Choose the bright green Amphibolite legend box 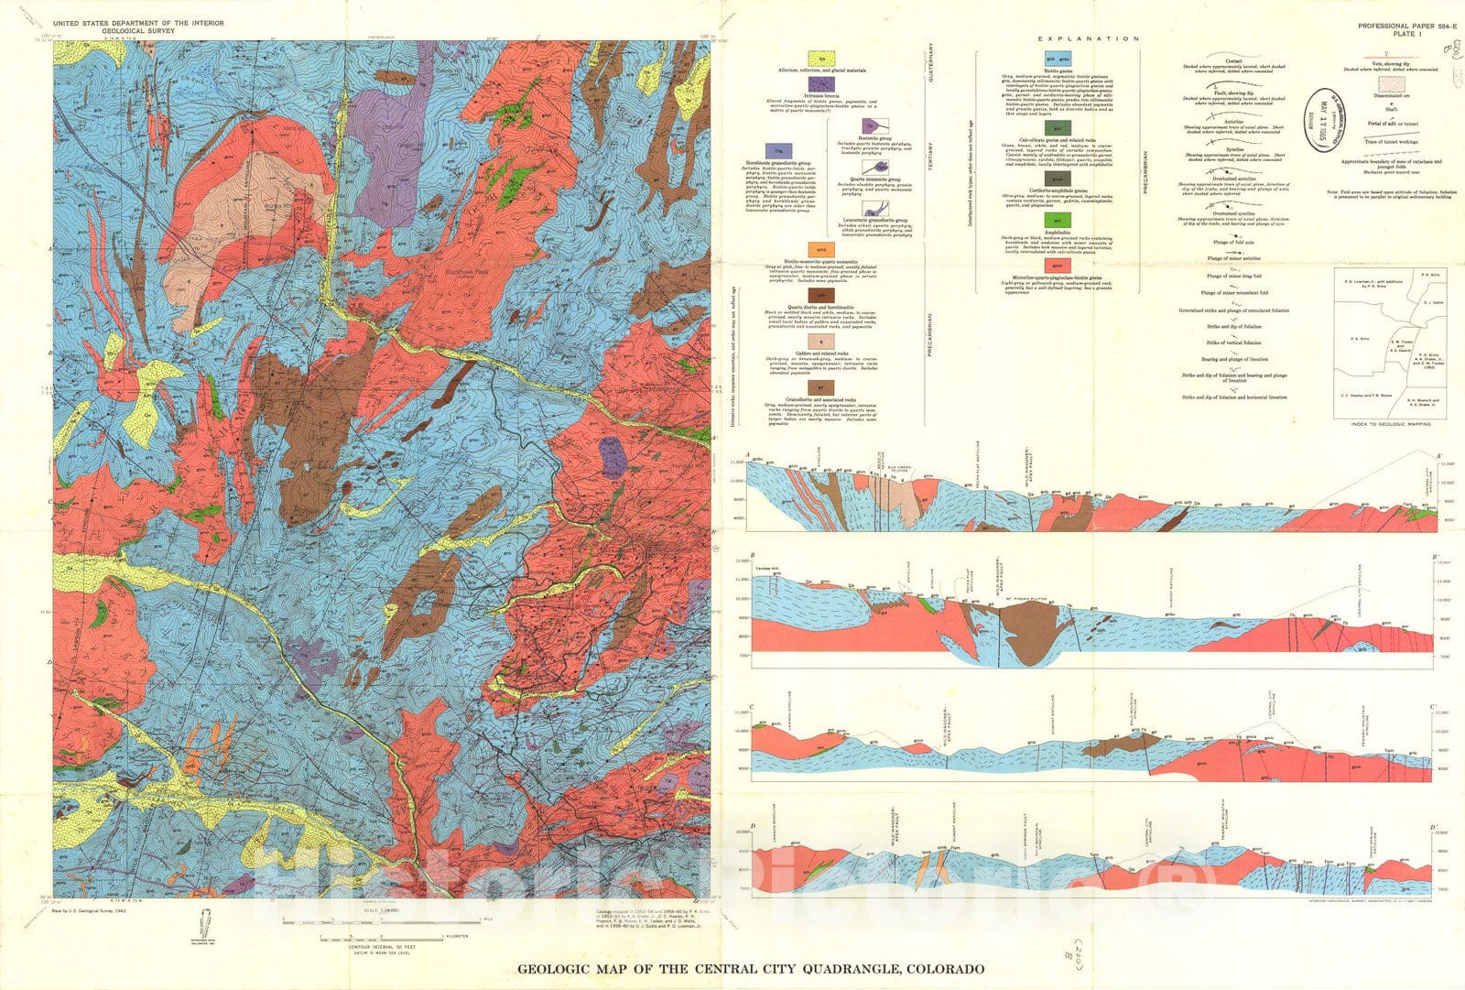pyautogui.click(x=1058, y=221)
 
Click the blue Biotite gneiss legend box pyautogui.click(x=1058, y=59)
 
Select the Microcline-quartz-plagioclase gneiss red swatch pyautogui.click(x=1058, y=265)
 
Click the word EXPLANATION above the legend pyautogui.click(x=1088, y=39)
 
